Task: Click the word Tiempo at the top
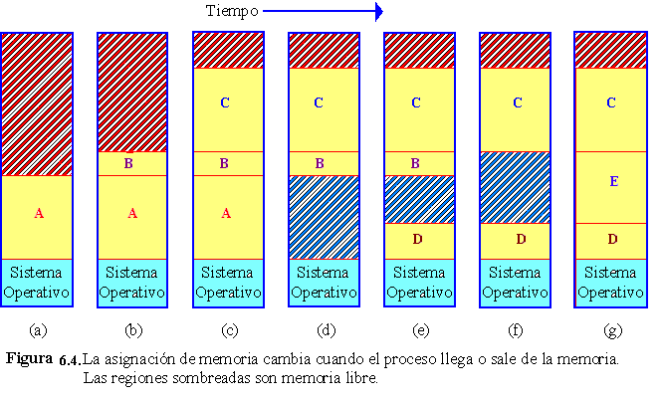tap(231, 12)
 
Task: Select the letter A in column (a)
tap(39, 213)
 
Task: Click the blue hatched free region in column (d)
tap(323, 217)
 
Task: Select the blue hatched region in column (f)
tap(515, 187)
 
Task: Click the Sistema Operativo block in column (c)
tap(227, 282)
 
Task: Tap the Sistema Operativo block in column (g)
tap(610, 282)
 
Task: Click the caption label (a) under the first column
tap(38, 328)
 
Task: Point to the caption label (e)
tap(419, 328)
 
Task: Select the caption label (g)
tap(610, 328)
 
